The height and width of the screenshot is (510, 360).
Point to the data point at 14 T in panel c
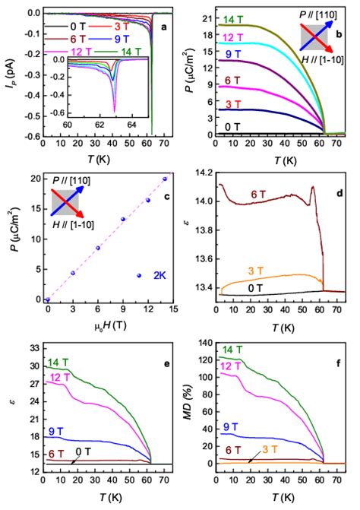point(165,179)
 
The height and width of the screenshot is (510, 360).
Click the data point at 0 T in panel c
point(47,299)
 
